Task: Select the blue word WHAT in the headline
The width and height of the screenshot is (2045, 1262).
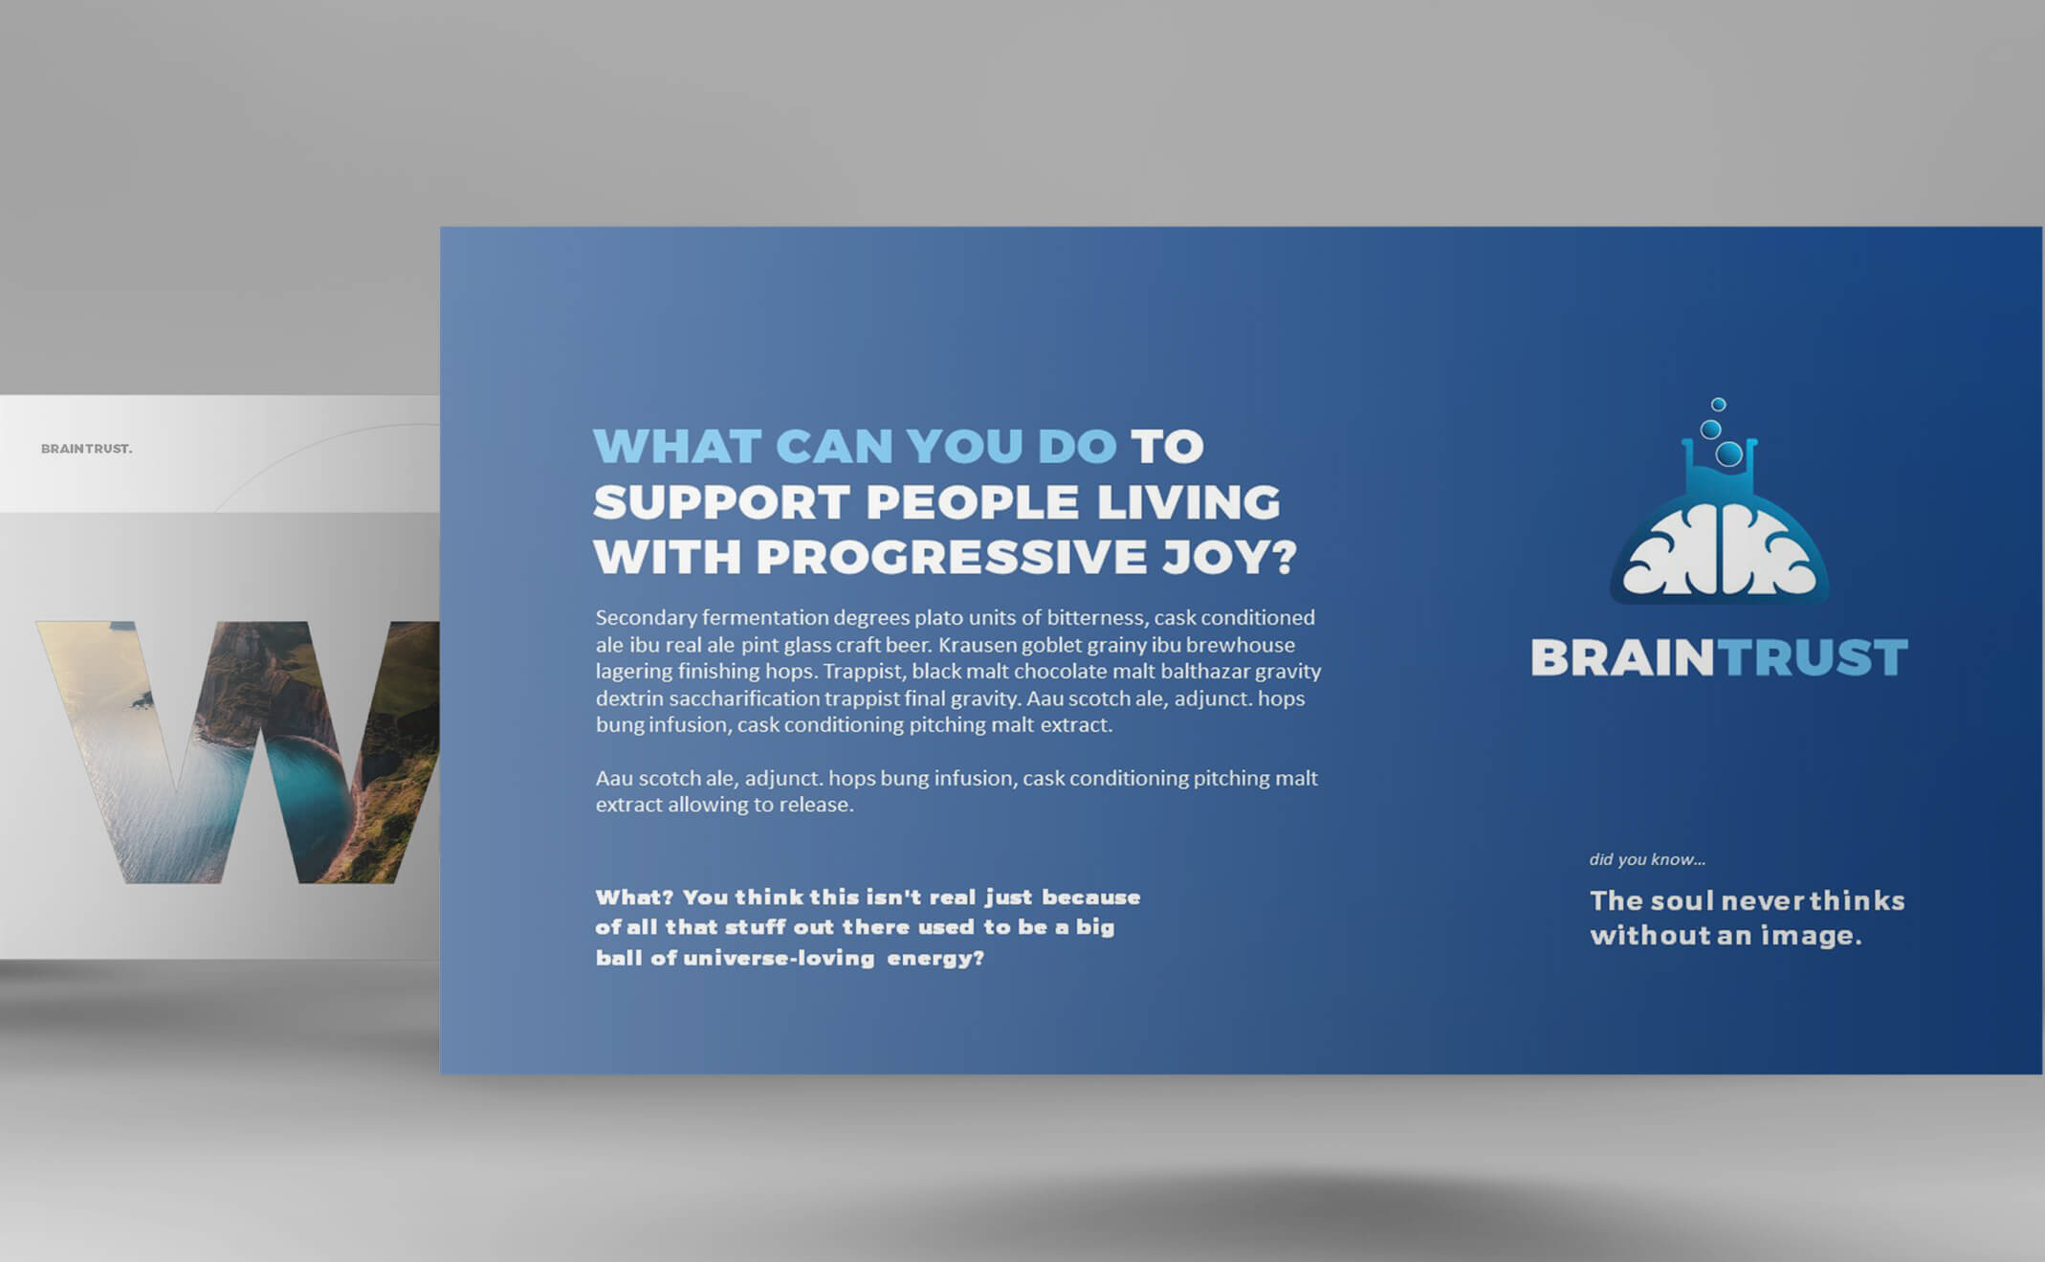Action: pyautogui.click(x=677, y=447)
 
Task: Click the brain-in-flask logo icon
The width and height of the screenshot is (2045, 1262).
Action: pyautogui.click(x=1719, y=501)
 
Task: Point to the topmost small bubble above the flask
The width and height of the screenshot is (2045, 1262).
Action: pyautogui.click(x=1718, y=405)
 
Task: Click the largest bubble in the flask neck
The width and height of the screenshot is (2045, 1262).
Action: pyautogui.click(x=1728, y=454)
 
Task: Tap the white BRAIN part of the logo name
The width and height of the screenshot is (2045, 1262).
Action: pyautogui.click(x=1622, y=658)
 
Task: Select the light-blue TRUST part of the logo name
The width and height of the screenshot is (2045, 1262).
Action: pyautogui.click(x=1812, y=658)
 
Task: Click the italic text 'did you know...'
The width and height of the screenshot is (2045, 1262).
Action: pyautogui.click(x=1647, y=859)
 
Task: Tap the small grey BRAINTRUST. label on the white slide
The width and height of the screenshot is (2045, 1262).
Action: pyautogui.click(x=86, y=449)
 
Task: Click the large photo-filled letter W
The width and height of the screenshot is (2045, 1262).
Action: pyautogui.click(x=238, y=752)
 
